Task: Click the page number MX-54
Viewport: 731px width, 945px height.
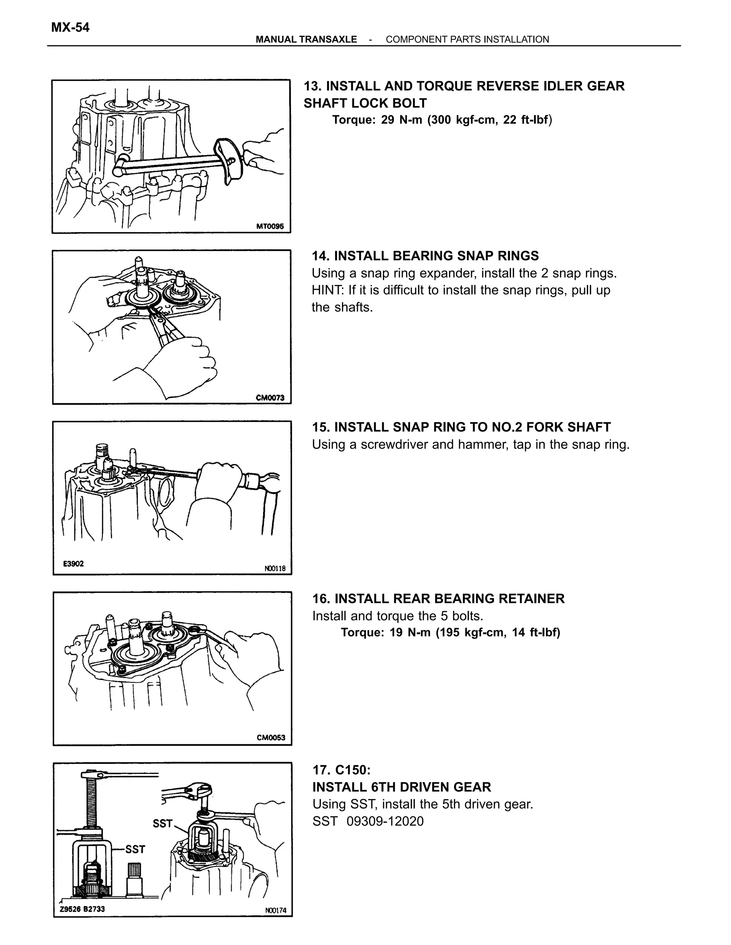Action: (x=70, y=28)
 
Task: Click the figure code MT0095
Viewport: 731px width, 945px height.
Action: (x=270, y=226)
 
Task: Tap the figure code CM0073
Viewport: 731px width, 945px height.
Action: (x=270, y=398)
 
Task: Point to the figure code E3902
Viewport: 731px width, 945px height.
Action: (x=73, y=564)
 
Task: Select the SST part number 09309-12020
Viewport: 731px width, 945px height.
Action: (x=385, y=821)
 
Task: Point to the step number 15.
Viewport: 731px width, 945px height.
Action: (x=321, y=427)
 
